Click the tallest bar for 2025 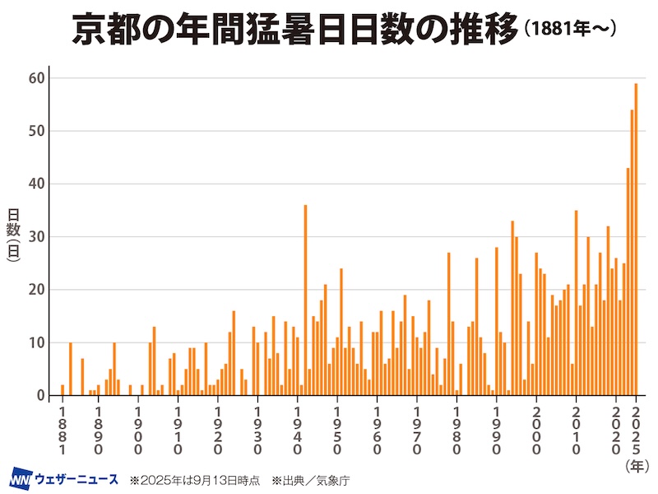[636, 239]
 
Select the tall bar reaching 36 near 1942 [305, 300]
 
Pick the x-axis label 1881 [63, 429]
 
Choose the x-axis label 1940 [298, 429]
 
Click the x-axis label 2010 [577, 429]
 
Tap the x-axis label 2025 [636, 429]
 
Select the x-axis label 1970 [417, 429]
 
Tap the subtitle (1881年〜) [568, 30]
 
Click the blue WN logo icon [20, 478]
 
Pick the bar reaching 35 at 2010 [577, 303]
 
